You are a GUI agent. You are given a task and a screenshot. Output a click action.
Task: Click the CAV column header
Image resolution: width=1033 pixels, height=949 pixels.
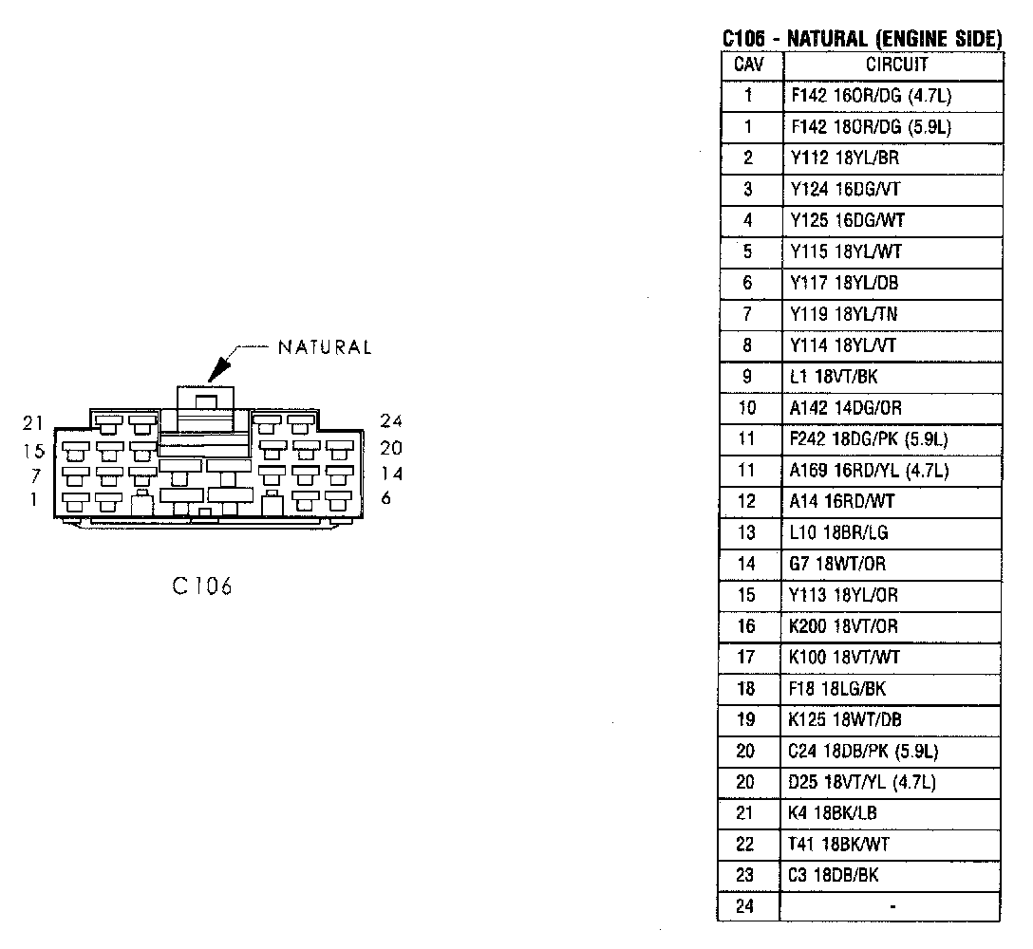[x=748, y=65]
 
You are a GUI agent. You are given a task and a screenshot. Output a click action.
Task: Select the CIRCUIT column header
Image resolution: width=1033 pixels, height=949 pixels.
[x=896, y=65]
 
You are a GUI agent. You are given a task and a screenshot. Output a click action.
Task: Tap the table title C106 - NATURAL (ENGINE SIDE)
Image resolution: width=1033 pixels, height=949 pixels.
[x=861, y=39]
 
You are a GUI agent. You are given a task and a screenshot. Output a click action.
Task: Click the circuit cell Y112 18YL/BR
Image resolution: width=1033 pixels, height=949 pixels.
[x=844, y=158]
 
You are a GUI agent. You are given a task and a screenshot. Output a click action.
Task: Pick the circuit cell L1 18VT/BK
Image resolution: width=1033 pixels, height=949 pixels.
[x=834, y=377]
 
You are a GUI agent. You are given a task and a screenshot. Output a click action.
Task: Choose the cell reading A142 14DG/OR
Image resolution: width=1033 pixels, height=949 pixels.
[x=845, y=408]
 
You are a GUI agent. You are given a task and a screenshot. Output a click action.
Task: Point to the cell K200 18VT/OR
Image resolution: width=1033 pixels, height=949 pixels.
[x=843, y=626]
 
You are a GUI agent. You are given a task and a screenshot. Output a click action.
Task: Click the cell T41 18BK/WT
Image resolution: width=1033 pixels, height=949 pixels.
[x=839, y=844]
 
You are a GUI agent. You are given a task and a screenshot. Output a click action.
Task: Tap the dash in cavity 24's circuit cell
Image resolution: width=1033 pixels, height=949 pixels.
[x=892, y=907]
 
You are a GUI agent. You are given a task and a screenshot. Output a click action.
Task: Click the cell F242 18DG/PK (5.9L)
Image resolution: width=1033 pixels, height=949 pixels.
[x=869, y=439]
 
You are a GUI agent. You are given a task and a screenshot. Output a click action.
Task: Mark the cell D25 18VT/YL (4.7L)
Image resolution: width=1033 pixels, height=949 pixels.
[x=862, y=782]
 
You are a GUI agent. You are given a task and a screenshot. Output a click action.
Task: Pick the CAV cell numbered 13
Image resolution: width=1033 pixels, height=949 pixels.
[x=747, y=532]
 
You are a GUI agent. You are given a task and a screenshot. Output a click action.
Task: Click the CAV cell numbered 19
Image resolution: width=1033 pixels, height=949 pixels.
[x=747, y=719]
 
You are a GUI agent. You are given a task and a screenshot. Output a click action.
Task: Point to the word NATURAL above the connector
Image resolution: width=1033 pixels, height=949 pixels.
[x=325, y=347]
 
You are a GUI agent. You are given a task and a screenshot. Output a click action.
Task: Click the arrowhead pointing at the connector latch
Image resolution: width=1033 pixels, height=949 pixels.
[x=218, y=371]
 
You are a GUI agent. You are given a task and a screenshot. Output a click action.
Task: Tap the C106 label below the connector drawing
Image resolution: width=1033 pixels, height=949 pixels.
[x=202, y=586]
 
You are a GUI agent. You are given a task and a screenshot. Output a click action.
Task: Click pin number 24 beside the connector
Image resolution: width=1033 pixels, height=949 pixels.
[x=391, y=421]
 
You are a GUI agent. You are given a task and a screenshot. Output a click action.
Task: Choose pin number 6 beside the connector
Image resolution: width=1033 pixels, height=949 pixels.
[x=385, y=498]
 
